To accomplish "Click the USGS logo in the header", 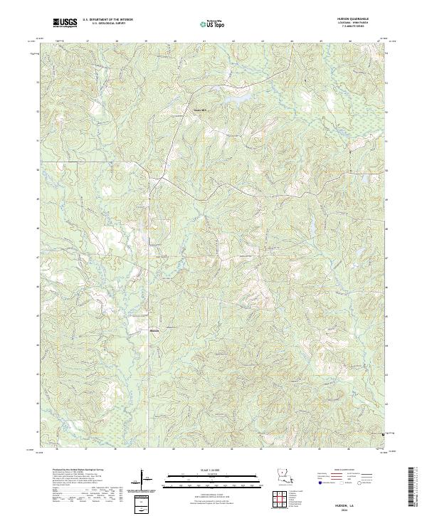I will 66,23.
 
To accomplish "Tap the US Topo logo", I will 213,23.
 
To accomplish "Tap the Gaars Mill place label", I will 201,110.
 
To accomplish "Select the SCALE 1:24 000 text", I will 213,469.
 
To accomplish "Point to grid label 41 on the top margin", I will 204,41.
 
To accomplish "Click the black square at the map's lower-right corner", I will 384,432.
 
